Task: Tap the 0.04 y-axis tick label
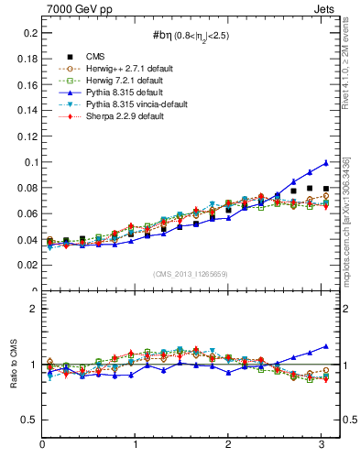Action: click(26, 240)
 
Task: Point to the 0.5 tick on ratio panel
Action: click(28, 420)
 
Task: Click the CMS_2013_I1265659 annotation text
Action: click(191, 273)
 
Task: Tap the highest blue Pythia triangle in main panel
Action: click(324, 163)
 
